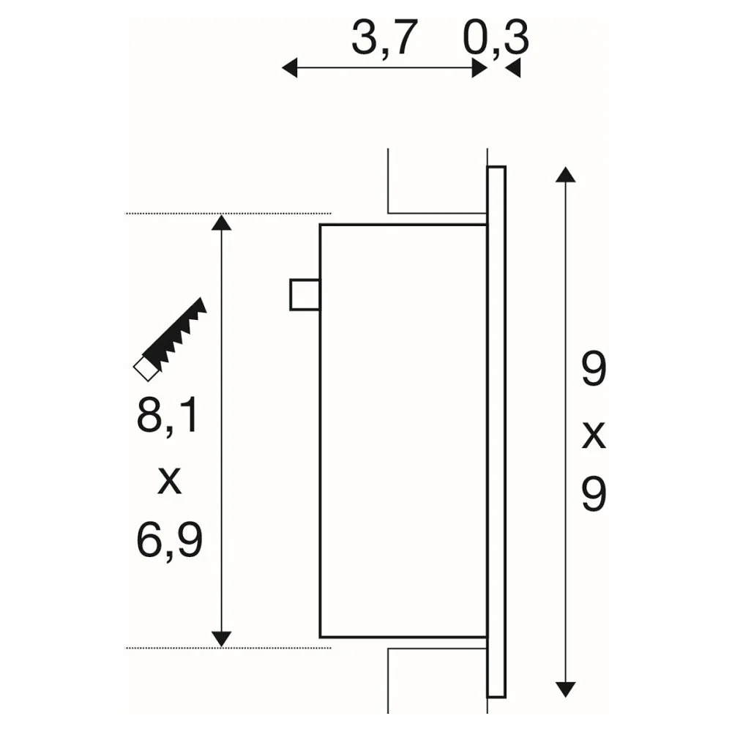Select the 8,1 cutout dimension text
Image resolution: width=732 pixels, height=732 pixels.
168,417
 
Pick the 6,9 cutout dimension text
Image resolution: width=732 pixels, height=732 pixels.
170,540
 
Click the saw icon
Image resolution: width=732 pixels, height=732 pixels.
170,340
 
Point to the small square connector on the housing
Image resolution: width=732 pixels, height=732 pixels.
305,294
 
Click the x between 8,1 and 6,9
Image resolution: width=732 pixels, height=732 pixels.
169,481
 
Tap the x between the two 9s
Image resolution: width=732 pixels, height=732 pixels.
594,436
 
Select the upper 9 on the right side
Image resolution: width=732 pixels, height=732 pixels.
594,369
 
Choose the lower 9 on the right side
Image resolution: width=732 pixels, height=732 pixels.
594,494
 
